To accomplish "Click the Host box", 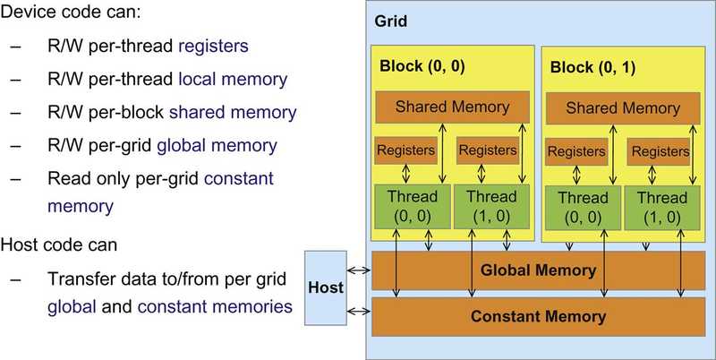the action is [326, 287].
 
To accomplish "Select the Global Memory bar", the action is [539, 270].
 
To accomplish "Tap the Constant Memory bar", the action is [539, 317].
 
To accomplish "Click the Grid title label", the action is [390, 21].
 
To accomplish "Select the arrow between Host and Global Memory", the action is [359, 270].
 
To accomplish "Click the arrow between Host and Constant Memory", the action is [359, 312].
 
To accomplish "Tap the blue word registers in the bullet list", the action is [213, 47].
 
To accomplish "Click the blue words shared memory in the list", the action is [233, 112].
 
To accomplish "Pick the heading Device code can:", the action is [71, 13].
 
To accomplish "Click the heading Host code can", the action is [58, 244].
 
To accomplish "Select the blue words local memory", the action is [233, 80].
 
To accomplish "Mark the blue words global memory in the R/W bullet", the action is [217, 146].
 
